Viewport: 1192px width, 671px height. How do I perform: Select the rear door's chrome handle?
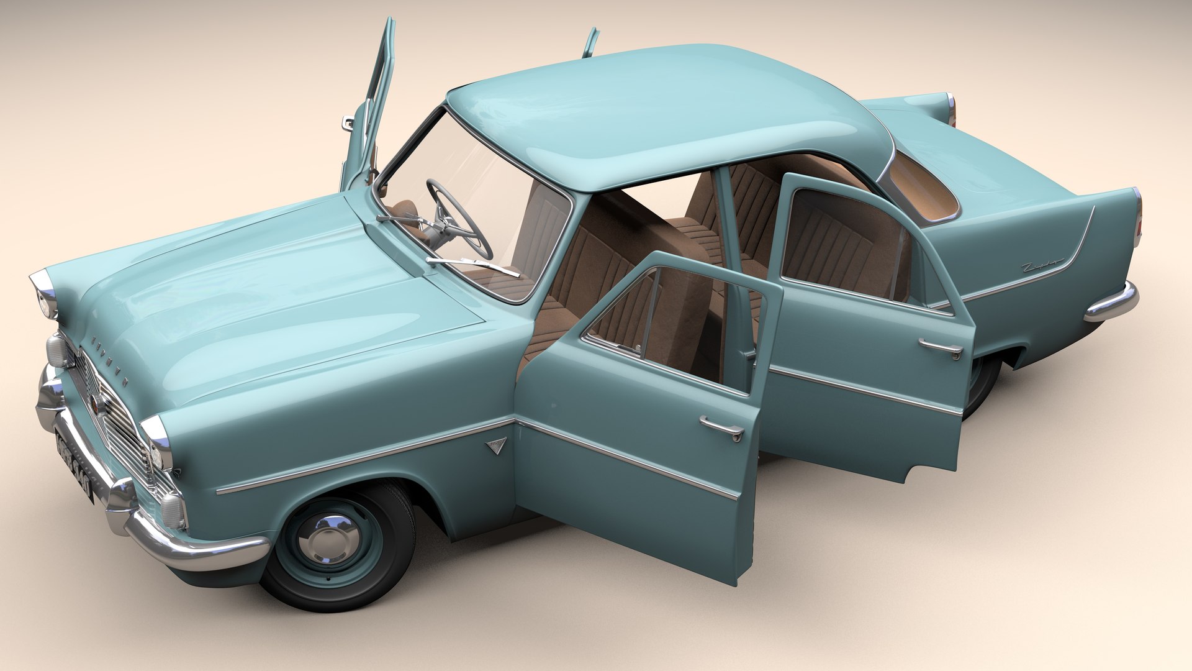pos(941,347)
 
